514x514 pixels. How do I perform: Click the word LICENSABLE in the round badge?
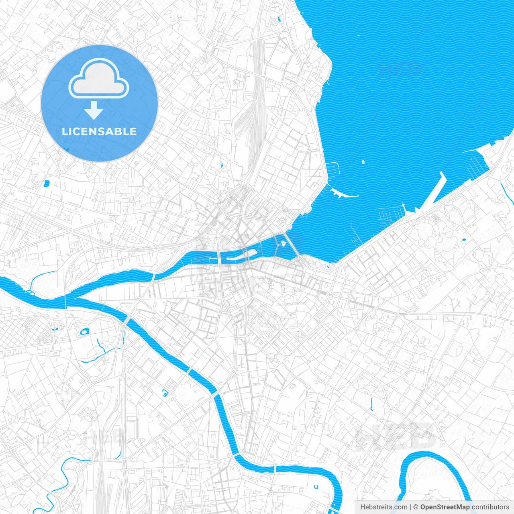point(99,131)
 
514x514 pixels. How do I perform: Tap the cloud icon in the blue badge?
point(99,78)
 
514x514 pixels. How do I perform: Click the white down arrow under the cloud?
point(94,110)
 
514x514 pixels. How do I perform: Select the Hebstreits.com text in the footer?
point(383,507)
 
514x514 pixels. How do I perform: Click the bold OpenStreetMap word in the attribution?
point(445,507)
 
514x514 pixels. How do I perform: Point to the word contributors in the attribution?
point(490,507)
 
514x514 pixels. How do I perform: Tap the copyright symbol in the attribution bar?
point(416,507)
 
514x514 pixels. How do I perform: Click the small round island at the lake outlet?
point(283,243)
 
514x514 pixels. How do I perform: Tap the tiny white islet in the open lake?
point(363,162)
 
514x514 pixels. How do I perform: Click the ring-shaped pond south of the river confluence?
point(84,332)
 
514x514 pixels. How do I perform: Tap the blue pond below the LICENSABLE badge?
point(46,184)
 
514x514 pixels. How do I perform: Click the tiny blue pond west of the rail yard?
point(221,164)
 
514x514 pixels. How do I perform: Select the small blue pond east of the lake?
point(464,240)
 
